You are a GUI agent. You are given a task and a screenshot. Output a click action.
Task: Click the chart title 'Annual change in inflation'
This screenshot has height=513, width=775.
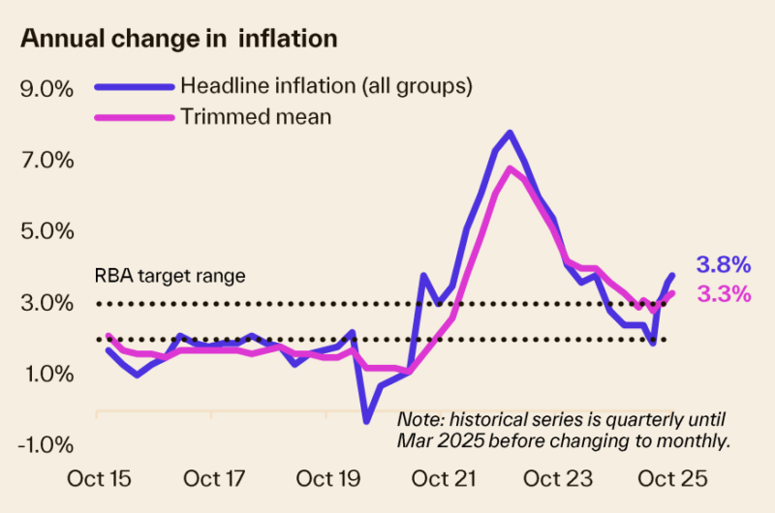[x=178, y=40]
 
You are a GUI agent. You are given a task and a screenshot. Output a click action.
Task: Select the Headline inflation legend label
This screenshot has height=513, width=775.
[x=325, y=85]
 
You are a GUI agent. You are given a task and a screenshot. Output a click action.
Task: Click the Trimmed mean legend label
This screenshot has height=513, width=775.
[x=256, y=116]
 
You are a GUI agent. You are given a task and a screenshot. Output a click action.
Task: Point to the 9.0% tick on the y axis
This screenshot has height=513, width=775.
[x=46, y=89]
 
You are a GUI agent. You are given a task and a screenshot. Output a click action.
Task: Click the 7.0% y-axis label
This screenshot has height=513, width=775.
[x=46, y=161]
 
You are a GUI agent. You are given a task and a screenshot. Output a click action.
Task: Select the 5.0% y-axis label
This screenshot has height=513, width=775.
[x=46, y=232]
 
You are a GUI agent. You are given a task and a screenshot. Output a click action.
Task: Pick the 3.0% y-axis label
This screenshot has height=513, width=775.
[x=46, y=304]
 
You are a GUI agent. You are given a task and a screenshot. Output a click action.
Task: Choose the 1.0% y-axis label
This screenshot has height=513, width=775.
[x=46, y=375]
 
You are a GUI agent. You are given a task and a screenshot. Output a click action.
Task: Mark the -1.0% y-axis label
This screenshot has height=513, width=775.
[x=44, y=445]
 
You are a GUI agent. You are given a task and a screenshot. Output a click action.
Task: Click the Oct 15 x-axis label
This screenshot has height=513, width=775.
[x=99, y=479]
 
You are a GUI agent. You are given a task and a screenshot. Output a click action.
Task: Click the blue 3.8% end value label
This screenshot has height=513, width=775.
[x=723, y=263]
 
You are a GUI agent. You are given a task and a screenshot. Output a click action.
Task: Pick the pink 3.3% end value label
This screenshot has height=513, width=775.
[x=723, y=293]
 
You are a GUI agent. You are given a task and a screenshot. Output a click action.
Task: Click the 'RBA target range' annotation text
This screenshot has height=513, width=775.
[x=170, y=275]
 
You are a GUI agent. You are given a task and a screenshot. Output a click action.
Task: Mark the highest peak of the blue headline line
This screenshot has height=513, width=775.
[x=510, y=133]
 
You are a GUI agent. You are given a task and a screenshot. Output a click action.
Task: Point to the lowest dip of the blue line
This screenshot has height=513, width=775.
[x=367, y=420]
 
